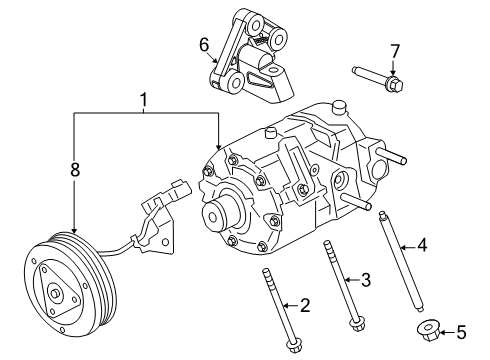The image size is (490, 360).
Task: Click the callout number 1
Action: (x=145, y=100)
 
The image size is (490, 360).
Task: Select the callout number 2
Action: (x=306, y=306)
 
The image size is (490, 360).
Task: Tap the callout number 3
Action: (x=366, y=279)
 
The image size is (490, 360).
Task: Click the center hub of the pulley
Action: (x=55, y=295)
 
